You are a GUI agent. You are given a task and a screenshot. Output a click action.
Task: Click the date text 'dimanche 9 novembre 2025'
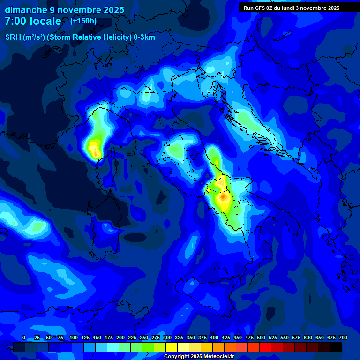(x=64, y=10)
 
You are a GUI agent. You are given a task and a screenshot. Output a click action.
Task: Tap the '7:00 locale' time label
(x=33, y=21)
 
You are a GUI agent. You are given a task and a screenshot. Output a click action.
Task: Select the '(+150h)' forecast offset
(x=83, y=21)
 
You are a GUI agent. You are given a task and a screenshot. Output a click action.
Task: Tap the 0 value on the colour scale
(x=24, y=337)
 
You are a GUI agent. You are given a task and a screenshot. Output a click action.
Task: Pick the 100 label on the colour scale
(x=74, y=337)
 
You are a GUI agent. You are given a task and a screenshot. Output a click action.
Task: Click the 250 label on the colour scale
(x=144, y=337)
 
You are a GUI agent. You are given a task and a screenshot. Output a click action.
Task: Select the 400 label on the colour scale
(x=214, y=337)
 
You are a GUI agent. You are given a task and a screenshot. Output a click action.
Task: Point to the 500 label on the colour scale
(x=261, y=337)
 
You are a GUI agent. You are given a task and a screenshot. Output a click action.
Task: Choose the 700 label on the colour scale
(x=343, y=337)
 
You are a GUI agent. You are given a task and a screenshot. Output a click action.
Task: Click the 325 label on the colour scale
(x=179, y=337)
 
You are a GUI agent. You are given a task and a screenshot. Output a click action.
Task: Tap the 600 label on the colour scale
(x=308, y=337)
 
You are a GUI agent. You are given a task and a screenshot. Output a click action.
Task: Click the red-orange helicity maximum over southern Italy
(x=224, y=197)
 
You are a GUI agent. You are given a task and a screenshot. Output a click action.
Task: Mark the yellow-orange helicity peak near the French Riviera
(x=96, y=151)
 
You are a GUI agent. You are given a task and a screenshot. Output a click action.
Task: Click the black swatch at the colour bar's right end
(x=336, y=347)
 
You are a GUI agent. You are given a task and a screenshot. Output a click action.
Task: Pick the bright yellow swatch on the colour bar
(x=172, y=347)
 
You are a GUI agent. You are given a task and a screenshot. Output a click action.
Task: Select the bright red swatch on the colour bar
(x=265, y=347)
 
